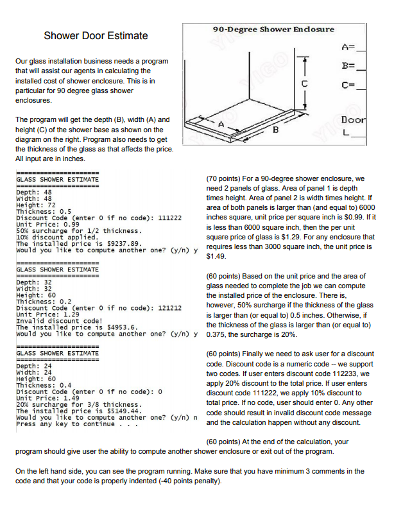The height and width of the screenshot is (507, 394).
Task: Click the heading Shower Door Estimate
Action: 96,35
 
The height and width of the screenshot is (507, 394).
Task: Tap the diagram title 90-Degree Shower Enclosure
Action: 273,29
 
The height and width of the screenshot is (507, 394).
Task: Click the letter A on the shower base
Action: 221,123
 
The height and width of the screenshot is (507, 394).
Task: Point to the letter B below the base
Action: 276,133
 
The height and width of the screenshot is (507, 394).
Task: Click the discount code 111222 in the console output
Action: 169,218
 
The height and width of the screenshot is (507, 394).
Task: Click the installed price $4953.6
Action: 114,327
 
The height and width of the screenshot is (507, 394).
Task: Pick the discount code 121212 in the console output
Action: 169,308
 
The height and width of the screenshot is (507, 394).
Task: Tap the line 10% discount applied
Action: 56,237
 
